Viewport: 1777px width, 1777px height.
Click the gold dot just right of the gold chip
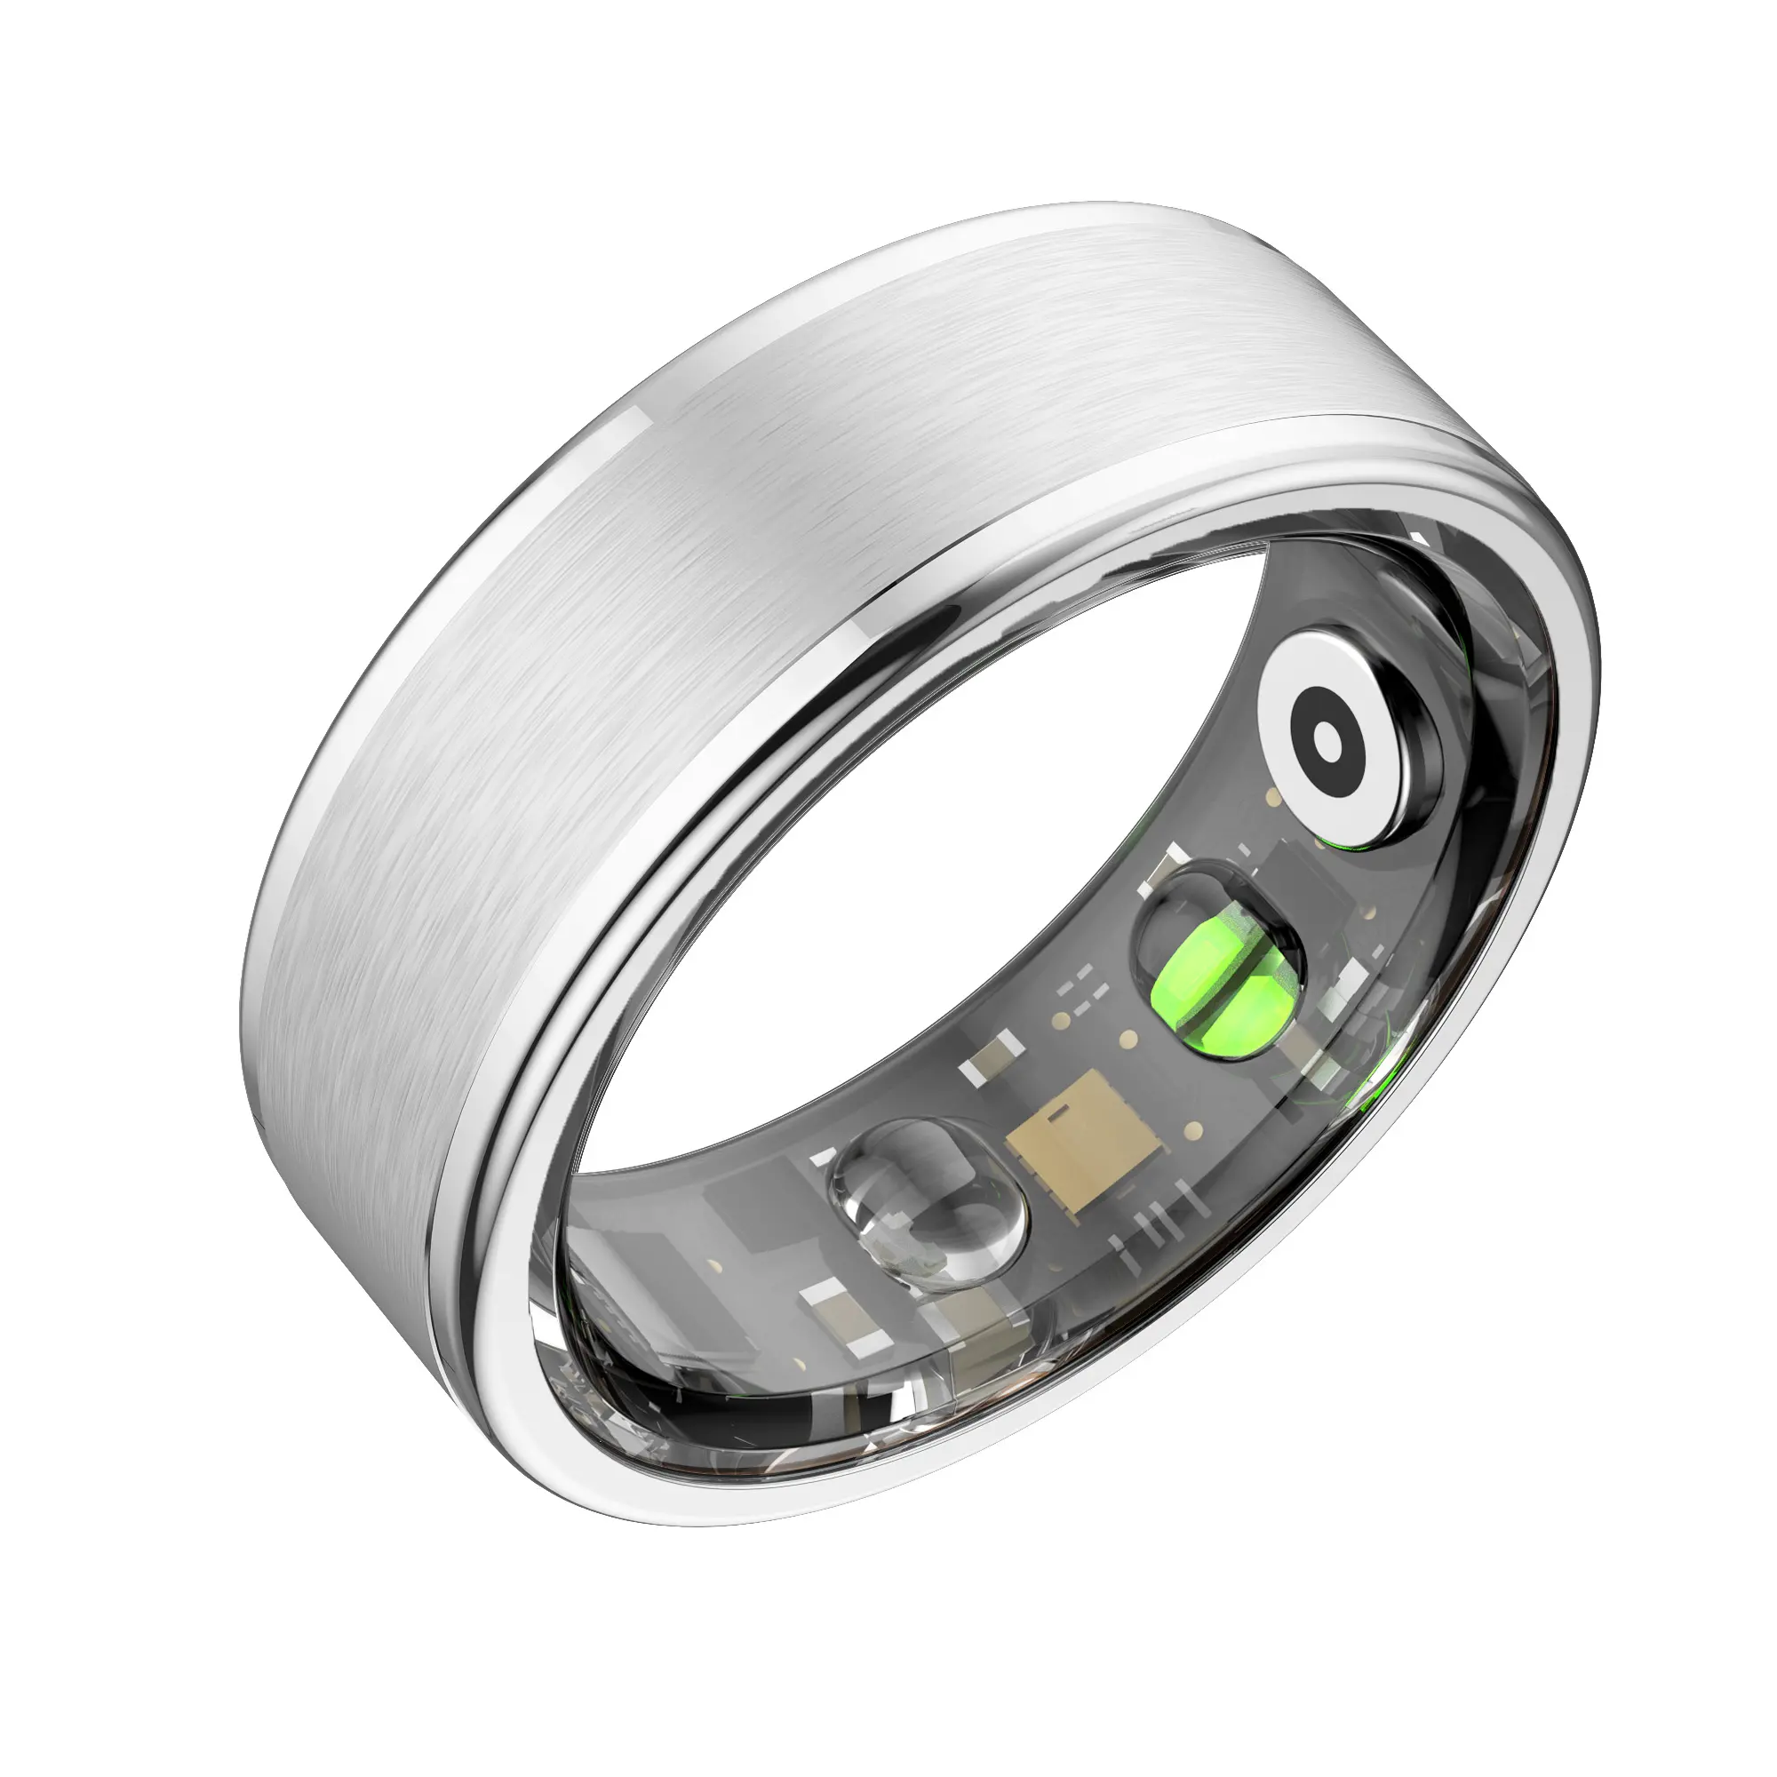pyautogui.click(x=1194, y=1130)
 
